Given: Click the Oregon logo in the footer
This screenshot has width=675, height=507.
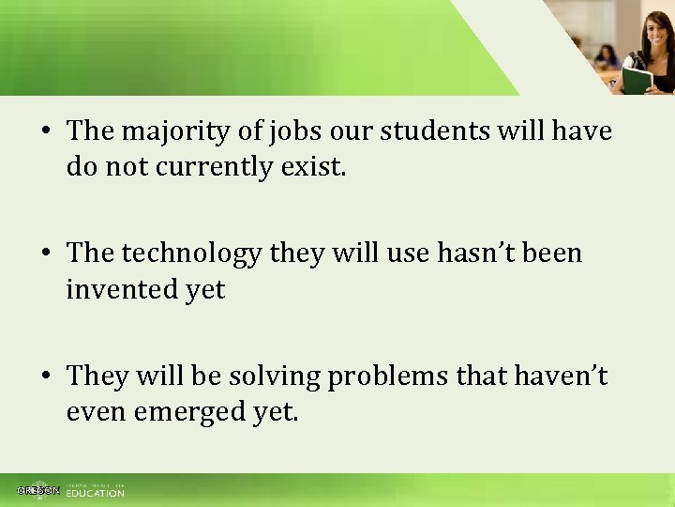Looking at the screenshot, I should [38, 490].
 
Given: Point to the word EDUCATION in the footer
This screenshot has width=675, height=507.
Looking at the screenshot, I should [95, 493].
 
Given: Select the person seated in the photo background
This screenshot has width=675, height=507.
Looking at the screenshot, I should [607, 56].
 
